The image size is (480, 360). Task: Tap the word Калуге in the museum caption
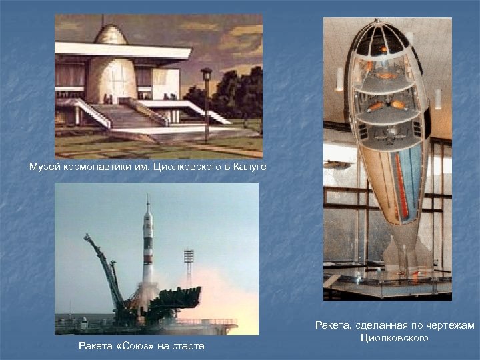click(249, 166)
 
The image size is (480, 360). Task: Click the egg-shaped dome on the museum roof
click(111, 34)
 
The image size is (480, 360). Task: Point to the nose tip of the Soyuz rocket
click(147, 200)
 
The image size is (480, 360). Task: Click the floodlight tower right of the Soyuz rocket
click(189, 256)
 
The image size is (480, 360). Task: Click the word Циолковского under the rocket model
click(394, 338)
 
